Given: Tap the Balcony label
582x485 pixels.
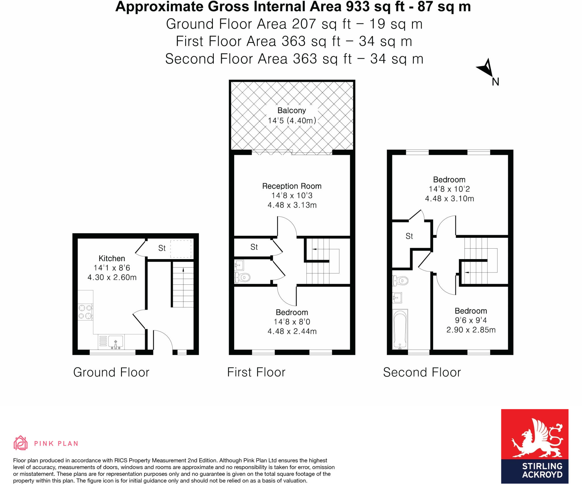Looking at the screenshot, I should coord(292,111).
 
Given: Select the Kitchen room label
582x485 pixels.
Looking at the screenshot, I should coord(112,258).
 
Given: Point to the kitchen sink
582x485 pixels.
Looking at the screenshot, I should coord(115,342).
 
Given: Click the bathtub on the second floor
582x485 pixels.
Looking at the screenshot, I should coord(400,329).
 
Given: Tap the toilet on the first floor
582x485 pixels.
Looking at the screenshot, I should coord(242,277).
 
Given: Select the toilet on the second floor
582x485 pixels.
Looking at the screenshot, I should coord(400,281).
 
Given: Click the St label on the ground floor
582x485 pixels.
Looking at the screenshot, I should coord(162,248).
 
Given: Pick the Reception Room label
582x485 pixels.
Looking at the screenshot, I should coord(292,186).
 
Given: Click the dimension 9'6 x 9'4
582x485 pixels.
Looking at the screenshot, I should coord(471,320).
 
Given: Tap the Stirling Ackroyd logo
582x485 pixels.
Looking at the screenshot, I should coord(535,446).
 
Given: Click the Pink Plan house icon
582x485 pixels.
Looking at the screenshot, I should coord(20,443).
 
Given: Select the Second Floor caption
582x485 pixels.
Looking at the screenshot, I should coord(422,372).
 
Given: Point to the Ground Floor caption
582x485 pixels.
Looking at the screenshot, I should coord(111,372).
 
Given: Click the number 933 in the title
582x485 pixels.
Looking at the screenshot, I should coord(358,7).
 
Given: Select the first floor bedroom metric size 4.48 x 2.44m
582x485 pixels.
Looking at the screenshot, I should coord(292,331).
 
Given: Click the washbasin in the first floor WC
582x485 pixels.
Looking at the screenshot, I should coord(239,265).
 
